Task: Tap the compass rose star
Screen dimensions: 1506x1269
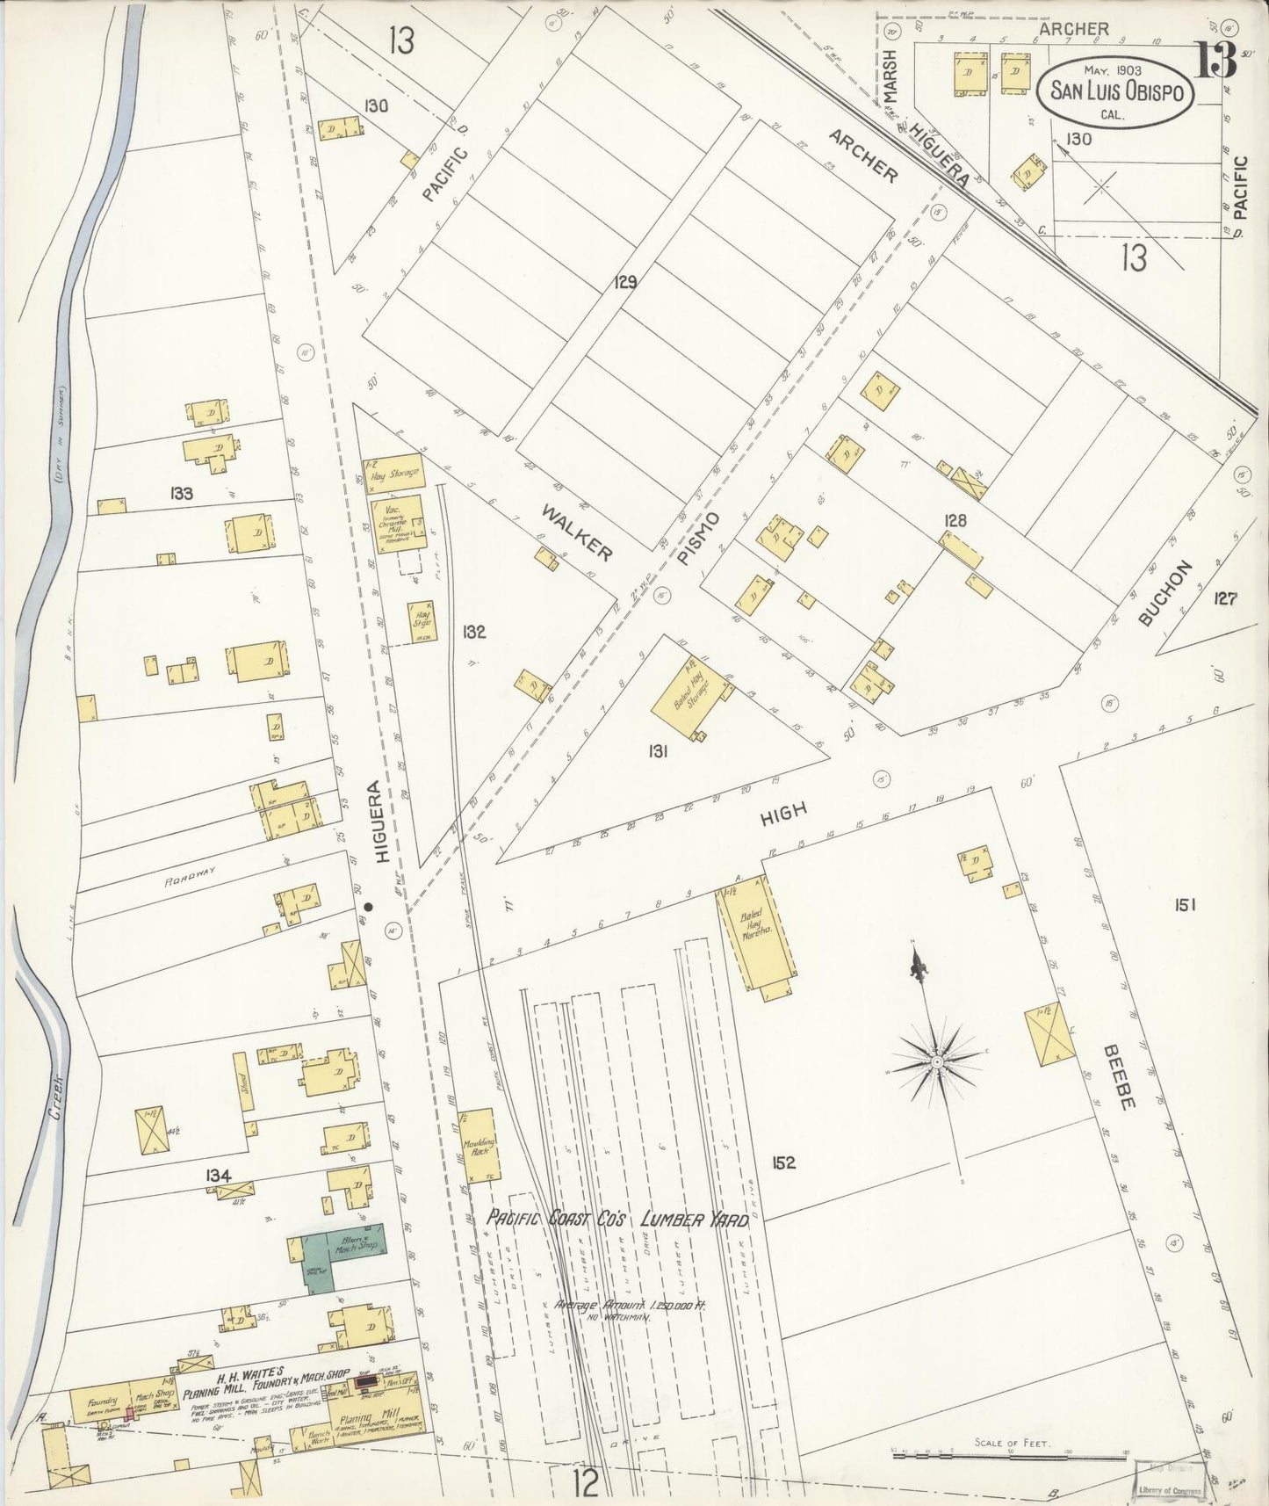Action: [x=937, y=1061]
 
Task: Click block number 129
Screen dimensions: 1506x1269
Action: [x=625, y=283]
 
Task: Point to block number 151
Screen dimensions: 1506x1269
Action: [x=1184, y=904]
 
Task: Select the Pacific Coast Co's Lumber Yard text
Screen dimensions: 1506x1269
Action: [x=617, y=1220]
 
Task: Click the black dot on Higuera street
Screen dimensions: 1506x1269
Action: [x=369, y=906]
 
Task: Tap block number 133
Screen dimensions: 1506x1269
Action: [x=182, y=494]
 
